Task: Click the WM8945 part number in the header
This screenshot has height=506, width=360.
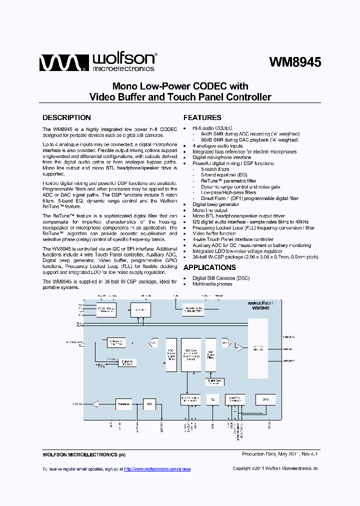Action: (x=294, y=61)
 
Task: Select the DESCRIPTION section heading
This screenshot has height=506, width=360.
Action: (x=66, y=117)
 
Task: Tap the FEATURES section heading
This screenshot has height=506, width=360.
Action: (x=202, y=117)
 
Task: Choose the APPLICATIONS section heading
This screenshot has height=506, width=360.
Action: (x=209, y=267)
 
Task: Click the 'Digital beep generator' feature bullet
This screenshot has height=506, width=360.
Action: (x=215, y=204)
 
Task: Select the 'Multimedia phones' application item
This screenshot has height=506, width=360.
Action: (x=212, y=284)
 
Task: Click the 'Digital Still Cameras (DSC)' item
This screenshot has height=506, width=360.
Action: (x=221, y=278)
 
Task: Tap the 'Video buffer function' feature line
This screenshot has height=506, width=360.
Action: (x=214, y=233)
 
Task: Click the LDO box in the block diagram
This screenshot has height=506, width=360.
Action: (x=149, y=403)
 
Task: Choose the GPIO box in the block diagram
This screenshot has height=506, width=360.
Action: (x=265, y=399)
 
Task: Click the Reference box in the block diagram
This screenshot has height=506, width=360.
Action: (x=123, y=403)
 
